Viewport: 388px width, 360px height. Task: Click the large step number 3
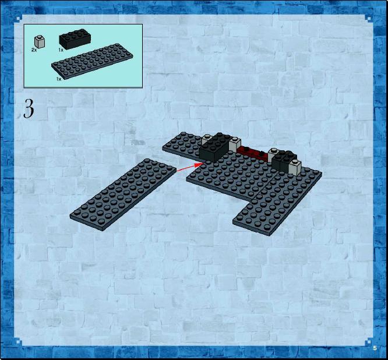29,108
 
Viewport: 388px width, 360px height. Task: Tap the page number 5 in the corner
375,348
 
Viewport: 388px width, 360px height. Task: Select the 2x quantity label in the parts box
34,50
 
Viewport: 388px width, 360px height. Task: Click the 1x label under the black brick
61,50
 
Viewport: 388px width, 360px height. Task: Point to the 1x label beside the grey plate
59,79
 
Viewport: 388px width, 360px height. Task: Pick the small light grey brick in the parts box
40,41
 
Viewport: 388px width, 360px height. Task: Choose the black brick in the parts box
75,39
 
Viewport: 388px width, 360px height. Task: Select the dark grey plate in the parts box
92,61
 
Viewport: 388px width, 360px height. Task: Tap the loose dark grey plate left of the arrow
124,195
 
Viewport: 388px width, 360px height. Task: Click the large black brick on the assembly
214,147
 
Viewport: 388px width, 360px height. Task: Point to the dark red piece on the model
253,153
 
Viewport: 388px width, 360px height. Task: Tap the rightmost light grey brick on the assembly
295,167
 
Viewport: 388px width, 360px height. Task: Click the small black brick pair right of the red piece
284,160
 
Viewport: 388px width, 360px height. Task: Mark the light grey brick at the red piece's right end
273,154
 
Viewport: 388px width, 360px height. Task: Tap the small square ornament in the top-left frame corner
19,18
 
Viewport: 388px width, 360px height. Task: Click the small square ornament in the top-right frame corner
369,18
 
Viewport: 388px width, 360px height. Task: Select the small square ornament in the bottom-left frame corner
19,342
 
